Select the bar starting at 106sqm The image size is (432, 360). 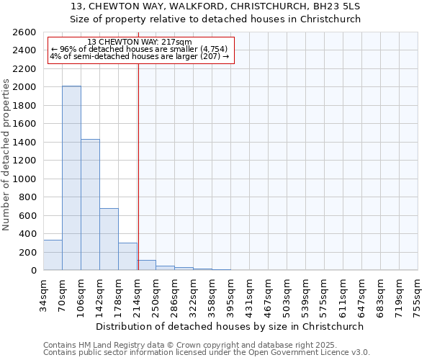90,204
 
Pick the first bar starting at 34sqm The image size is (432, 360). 53,255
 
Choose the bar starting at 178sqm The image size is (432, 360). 127,256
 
